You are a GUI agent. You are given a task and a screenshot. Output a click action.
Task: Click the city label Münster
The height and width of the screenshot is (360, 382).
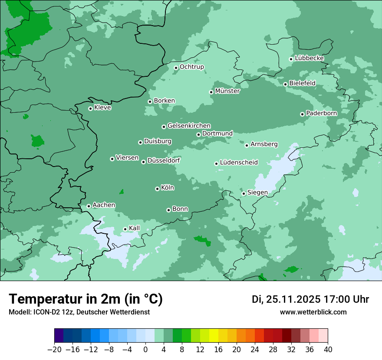[x=227, y=91]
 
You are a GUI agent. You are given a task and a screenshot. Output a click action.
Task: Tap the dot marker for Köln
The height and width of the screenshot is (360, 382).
[x=157, y=189]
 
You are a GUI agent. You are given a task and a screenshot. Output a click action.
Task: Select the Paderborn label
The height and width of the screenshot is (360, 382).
[x=321, y=113]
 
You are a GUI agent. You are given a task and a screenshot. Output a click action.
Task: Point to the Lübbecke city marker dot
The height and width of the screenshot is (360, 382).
[x=291, y=59]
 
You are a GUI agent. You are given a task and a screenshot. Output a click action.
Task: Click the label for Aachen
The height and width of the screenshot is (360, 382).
[x=104, y=205]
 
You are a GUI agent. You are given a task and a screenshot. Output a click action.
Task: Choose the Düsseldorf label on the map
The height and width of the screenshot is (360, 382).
[x=164, y=160]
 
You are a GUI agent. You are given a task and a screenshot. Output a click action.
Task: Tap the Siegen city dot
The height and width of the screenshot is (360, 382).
[x=244, y=194]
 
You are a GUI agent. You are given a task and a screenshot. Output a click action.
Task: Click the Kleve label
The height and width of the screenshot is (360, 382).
[x=102, y=108]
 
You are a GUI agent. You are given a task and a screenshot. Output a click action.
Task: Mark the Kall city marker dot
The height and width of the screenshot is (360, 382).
[x=125, y=229]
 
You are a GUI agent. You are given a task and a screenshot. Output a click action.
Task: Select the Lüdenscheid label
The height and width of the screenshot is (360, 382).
[x=239, y=163]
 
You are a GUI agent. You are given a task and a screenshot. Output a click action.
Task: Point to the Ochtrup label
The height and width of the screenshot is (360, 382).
[x=192, y=67]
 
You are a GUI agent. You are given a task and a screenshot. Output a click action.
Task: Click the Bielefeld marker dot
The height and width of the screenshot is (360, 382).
[x=285, y=84]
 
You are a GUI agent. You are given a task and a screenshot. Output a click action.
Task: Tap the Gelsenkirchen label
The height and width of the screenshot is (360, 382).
[x=189, y=126]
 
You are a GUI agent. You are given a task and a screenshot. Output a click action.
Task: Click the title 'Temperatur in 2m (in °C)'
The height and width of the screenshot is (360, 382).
[x=86, y=299]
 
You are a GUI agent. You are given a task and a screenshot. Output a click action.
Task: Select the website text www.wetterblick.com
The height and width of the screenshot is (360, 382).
[x=313, y=312]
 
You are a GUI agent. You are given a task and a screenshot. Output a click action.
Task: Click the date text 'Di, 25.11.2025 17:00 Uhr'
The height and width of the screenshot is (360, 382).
[x=310, y=299]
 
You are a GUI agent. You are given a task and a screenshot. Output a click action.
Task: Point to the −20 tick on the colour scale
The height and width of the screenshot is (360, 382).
[x=54, y=350]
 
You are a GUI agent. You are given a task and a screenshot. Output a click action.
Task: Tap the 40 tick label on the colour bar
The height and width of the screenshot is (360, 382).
[x=328, y=350]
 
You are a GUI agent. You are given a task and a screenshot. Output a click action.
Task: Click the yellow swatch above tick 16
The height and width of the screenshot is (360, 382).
[x=214, y=336]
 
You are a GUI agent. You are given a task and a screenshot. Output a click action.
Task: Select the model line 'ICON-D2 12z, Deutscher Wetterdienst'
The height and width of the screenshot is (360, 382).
[x=79, y=312]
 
